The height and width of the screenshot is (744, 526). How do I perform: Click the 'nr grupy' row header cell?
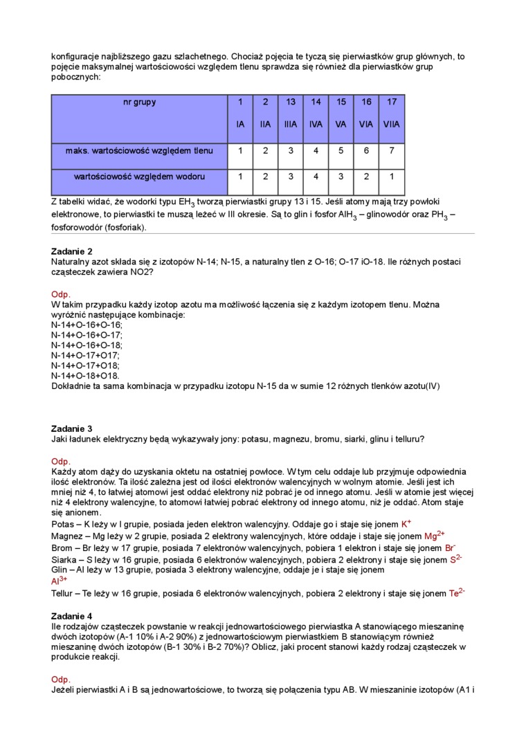tap(139, 102)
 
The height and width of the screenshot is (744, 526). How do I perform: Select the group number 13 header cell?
tap(291, 102)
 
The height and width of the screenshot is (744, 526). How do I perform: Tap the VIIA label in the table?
tap(392, 125)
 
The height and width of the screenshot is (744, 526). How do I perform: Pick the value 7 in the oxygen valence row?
tap(392, 150)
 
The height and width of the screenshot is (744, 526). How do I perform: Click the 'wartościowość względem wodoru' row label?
tap(139, 177)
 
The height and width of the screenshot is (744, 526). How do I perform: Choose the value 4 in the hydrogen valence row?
tap(316, 177)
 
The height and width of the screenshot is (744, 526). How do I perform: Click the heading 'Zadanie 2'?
tap(72, 251)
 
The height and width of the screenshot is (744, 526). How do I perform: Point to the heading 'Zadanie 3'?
tap(72, 428)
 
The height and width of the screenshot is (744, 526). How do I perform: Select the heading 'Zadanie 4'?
tap(72, 615)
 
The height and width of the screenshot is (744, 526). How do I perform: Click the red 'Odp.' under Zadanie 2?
tap(61, 294)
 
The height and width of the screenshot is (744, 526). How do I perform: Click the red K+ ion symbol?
tap(406, 524)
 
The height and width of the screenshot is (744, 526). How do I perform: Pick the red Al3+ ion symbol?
tap(59, 581)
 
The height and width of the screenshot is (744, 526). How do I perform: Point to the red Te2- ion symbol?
tap(457, 592)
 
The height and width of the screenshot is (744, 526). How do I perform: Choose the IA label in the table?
tap(240, 125)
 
